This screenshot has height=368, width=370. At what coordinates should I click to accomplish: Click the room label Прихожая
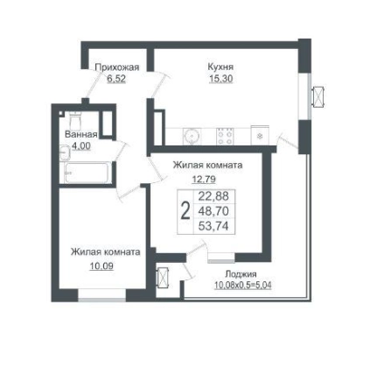point(117,67)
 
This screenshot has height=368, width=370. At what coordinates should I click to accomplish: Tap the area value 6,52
point(116,79)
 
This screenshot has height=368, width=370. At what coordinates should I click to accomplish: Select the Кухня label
point(220,67)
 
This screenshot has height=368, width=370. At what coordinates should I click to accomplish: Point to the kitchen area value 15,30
point(221,78)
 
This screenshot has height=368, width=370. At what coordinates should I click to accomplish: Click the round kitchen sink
point(192,136)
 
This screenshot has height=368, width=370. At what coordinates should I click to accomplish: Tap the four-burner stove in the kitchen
point(225,137)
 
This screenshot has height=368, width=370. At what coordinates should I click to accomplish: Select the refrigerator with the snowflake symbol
point(260,135)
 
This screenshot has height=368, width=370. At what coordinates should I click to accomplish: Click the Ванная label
point(81,134)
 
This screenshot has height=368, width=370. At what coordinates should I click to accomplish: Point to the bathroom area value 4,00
point(81,145)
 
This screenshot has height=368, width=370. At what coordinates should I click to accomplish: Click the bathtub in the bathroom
point(87,173)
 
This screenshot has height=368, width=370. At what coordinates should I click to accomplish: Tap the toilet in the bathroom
point(75,121)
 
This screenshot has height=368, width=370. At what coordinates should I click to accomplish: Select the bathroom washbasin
point(65,152)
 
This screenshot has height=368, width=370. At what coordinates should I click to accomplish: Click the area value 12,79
point(204,178)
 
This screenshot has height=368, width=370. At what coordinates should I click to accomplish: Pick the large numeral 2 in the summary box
point(185,211)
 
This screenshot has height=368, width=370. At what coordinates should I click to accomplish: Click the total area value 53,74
point(213,226)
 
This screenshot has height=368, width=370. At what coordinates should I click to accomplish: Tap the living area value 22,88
point(213,196)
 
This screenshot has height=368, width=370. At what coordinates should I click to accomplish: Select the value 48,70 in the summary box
point(213,211)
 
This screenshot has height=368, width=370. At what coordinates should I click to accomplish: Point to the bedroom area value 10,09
point(101,266)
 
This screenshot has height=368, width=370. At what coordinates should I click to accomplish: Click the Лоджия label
point(241,274)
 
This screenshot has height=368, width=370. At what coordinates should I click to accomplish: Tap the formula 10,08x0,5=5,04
point(243,285)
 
